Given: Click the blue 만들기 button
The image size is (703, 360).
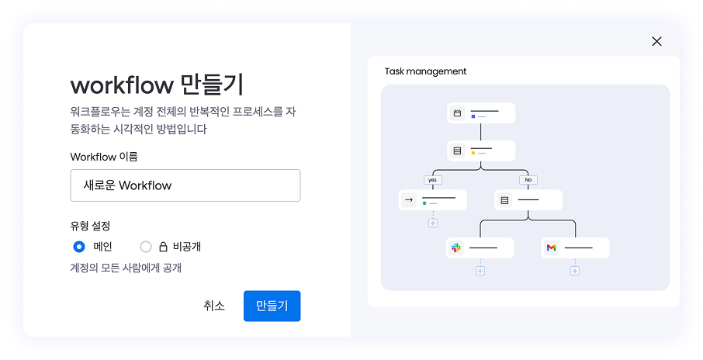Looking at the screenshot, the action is (272, 306).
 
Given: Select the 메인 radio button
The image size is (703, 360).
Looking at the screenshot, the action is (79, 247).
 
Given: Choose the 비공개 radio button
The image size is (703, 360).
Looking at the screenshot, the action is (146, 247).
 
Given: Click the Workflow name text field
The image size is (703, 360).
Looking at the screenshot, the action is (185, 185).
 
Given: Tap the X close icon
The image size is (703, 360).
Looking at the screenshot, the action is (656, 41).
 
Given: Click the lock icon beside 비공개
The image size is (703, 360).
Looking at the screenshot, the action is (163, 247).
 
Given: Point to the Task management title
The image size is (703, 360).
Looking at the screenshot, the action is (425, 71).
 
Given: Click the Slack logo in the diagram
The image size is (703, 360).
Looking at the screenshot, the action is (456, 247).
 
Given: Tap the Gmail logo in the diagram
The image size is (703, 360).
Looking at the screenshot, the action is (551, 247).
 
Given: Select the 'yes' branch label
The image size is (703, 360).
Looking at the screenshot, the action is (433, 180).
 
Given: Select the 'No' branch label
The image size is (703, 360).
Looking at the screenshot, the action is (528, 180).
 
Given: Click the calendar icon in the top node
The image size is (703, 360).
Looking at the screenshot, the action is (457, 113).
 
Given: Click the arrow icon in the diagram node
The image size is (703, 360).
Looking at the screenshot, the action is (408, 200).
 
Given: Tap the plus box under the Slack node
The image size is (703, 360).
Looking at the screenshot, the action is (480, 271).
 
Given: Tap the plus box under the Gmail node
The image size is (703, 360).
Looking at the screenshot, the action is (575, 271).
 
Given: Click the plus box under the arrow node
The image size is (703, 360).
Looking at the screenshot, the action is (433, 223).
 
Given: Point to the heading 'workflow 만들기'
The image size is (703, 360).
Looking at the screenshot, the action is (157, 85).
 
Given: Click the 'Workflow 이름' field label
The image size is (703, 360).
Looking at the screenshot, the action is (104, 157).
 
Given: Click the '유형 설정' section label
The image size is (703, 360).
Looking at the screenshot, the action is (90, 226).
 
